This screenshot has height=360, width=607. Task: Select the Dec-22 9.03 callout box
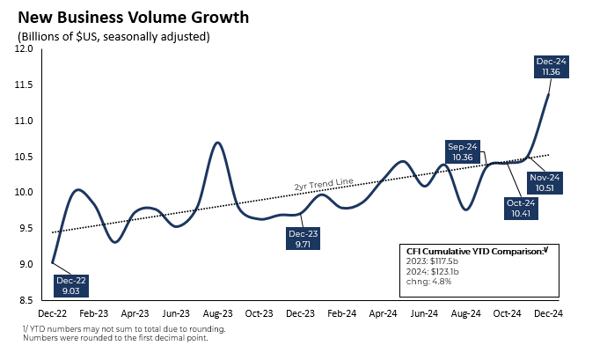tap(72, 283)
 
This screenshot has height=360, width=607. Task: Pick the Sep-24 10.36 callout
tap(463, 151)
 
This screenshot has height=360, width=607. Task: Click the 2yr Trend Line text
tap(323, 183)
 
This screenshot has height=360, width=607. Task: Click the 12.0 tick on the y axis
tap(24, 49)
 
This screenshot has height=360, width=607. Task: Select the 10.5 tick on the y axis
tap(24, 157)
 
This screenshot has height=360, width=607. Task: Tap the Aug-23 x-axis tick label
tap(217, 312)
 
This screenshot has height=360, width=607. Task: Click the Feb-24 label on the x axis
tap(342, 312)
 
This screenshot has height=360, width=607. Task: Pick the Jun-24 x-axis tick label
tap(426, 312)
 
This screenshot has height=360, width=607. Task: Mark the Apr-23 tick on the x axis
tap(135, 312)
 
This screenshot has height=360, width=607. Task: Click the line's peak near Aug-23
tap(217, 143)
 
